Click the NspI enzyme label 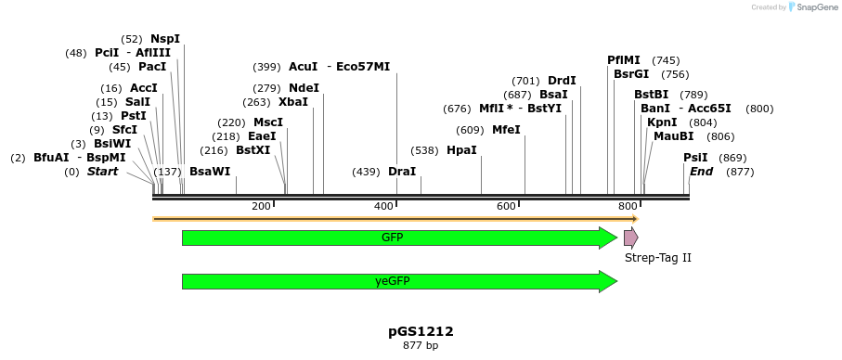click(165, 39)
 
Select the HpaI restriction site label click(461, 150)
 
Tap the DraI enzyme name click(402, 172)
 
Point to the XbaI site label click(293, 102)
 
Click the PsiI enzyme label click(695, 158)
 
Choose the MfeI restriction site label click(506, 130)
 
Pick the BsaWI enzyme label click(210, 172)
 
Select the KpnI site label click(662, 122)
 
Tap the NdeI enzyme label click(304, 88)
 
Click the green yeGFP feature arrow click(399, 281)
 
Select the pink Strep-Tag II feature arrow click(630, 238)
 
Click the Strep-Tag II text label click(657, 258)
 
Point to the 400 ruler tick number click(383, 206)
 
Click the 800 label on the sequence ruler click(628, 206)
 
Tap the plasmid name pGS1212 click(421, 331)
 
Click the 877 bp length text click(421, 346)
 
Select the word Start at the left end click(103, 172)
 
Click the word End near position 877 click(701, 172)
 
